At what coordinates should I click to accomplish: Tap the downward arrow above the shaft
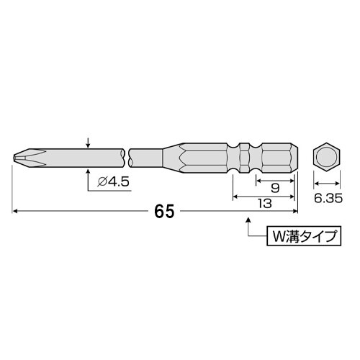point(88,143)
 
